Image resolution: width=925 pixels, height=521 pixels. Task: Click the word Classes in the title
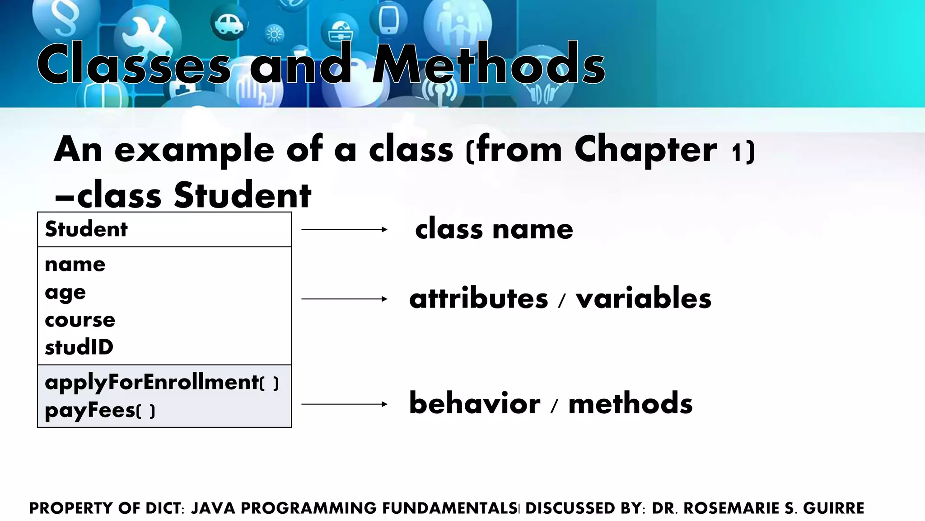[134, 64]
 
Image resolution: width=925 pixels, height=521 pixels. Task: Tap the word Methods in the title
[488, 64]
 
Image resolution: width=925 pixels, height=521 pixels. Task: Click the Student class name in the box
[86, 229]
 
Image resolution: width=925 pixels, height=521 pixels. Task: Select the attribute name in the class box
[75, 265]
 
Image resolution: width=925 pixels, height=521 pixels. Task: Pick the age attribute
[65, 293]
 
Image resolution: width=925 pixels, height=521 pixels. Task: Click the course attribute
[80, 320]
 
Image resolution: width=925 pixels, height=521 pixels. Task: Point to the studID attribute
[79, 347]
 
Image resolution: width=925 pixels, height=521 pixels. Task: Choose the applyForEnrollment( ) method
[161, 383]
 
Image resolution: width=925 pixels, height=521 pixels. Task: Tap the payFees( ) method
[100, 411]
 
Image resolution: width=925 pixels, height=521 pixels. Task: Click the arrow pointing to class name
[344, 230]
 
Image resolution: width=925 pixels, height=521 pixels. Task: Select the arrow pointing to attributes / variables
[344, 299]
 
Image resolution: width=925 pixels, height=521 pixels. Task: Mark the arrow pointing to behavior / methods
[344, 404]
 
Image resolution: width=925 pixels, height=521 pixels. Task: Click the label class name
[494, 229]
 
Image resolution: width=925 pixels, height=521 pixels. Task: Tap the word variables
[643, 299]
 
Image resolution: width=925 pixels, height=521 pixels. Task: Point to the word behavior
[474, 403]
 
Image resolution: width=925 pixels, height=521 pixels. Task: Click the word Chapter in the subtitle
[645, 150]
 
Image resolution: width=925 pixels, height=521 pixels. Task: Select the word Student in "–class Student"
[243, 195]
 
